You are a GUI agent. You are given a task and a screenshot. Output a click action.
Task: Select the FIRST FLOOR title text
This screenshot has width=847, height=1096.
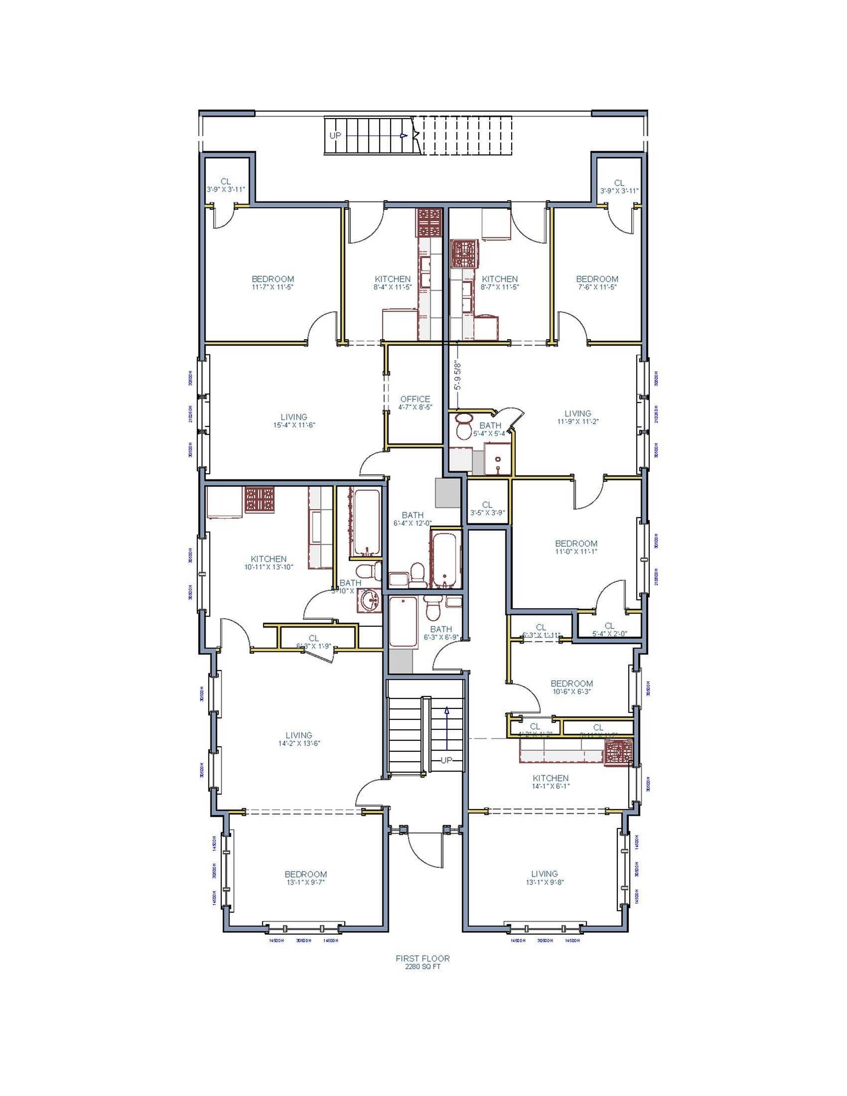423,958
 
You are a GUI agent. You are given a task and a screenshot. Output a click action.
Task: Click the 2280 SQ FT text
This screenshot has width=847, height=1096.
423,966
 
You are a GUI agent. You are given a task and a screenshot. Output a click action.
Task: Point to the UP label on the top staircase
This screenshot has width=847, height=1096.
335,136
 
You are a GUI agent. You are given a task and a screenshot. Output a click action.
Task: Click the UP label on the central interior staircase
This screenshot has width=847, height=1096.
446,760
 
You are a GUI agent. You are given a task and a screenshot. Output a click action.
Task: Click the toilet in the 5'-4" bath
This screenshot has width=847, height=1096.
464,426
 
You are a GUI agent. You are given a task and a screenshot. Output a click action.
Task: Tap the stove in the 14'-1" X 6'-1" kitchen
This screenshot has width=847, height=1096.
618,753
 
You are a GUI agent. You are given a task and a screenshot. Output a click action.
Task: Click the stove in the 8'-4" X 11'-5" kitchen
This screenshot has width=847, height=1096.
429,222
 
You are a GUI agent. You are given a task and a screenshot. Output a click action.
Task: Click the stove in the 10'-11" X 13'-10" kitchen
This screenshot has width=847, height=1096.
260,499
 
